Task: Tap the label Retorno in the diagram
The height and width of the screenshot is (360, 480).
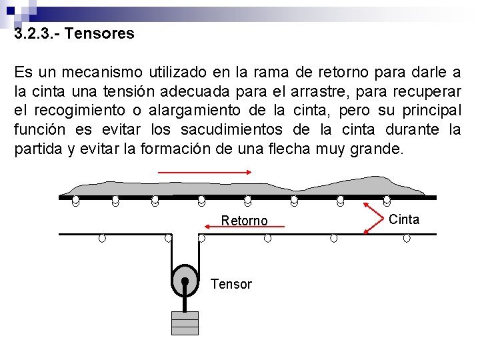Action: pos(244,220)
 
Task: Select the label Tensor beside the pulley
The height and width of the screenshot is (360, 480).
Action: pos(231,284)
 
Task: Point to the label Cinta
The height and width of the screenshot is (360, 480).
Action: pos(404,219)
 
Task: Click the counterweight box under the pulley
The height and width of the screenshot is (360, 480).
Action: pos(185,323)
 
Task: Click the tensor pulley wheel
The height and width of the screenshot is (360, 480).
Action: pos(185,281)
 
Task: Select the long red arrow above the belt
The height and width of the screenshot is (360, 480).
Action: pos(204,171)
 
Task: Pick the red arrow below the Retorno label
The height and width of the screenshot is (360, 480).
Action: pos(244,227)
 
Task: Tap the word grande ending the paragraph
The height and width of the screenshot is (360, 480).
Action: pos(376,148)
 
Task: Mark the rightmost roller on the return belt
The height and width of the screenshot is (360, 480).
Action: pos(407,238)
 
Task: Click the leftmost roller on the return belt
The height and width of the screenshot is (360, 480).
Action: pos(102,238)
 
